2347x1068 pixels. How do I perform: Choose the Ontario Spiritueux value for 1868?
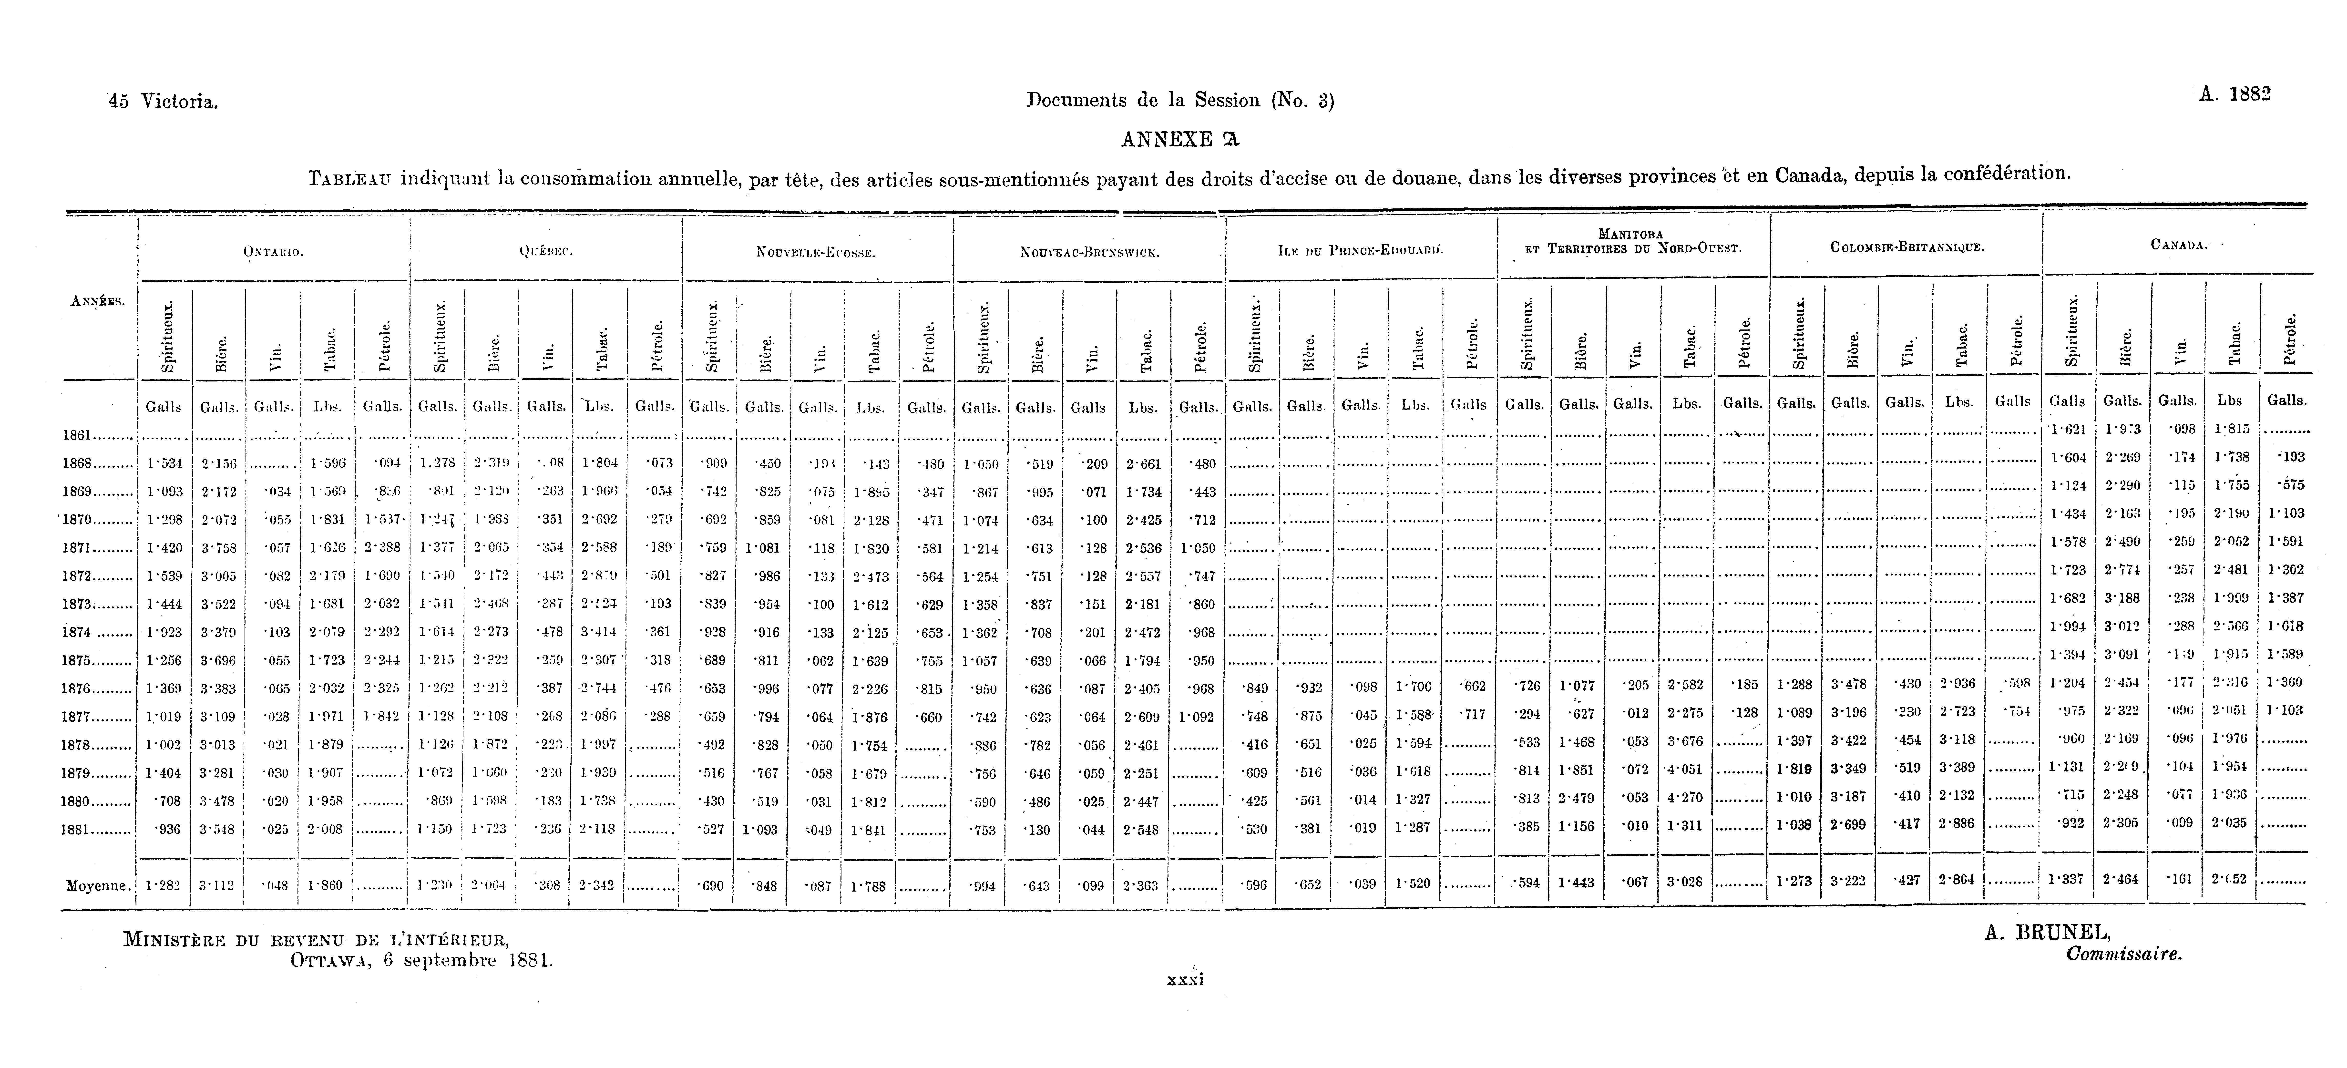pos(164,464)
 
